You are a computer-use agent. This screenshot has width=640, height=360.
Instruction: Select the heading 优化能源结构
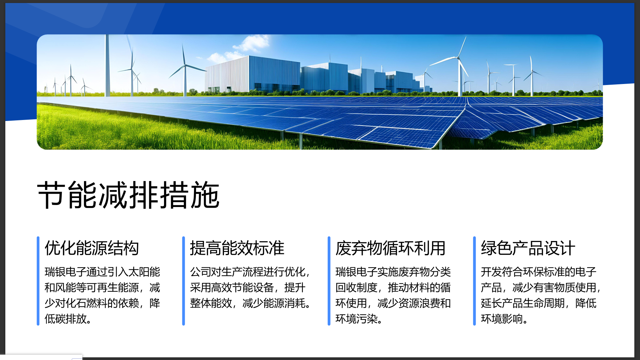[x=92, y=248]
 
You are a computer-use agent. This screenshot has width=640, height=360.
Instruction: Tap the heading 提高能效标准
[x=237, y=248]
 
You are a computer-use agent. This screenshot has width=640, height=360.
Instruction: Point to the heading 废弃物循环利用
[x=390, y=248]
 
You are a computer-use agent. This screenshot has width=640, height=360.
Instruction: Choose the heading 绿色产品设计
[x=528, y=248]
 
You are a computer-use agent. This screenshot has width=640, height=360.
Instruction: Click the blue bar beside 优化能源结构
[x=38, y=281]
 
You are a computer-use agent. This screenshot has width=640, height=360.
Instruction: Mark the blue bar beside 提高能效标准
[x=183, y=281]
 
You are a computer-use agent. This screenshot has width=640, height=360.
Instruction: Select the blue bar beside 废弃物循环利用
[x=329, y=281]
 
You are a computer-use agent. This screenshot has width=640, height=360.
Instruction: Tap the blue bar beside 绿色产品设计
[x=474, y=281]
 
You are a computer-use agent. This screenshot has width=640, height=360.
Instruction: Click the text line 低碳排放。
[x=68, y=319]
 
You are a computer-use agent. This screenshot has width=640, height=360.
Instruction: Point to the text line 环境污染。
[x=359, y=319]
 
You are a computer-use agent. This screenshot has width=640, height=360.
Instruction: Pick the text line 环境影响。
[x=504, y=319]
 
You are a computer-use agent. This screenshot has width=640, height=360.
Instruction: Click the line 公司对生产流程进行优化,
[x=250, y=272]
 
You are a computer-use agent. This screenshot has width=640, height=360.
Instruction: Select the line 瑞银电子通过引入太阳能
[x=102, y=272]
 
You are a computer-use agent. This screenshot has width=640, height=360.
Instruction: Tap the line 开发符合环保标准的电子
[x=538, y=272]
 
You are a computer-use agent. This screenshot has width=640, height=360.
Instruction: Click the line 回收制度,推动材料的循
[x=393, y=287]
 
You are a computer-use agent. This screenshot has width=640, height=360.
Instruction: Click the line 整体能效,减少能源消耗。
[x=251, y=303]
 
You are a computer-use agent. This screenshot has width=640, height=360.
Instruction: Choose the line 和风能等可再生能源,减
[x=102, y=287]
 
